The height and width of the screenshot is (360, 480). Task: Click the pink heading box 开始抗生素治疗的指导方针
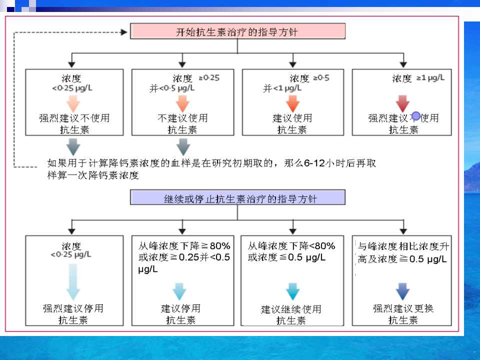tap(237, 32)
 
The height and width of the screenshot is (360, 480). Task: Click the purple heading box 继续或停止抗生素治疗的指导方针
tap(237, 198)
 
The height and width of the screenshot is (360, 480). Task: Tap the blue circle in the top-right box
tap(415, 116)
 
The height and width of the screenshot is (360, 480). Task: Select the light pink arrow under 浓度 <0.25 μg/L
tap(73, 103)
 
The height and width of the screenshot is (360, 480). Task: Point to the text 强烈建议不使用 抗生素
tap(74, 124)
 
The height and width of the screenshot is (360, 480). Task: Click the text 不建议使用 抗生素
tap(182, 124)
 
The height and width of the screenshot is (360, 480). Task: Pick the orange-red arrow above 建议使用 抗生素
tap(292, 103)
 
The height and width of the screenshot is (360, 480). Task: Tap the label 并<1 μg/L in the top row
tap(282, 88)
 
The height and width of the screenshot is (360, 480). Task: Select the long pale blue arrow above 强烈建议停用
tap(72, 281)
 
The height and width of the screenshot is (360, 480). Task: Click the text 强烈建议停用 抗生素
tap(73, 314)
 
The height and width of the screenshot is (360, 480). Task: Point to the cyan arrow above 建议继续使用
tap(291, 290)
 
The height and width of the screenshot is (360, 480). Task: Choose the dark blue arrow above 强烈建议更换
tap(402, 291)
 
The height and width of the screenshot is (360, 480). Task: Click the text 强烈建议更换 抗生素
tap(403, 314)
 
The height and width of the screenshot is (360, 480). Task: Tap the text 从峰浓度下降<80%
tap(291, 246)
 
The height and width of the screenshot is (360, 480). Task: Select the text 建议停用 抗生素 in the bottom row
tap(181, 314)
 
